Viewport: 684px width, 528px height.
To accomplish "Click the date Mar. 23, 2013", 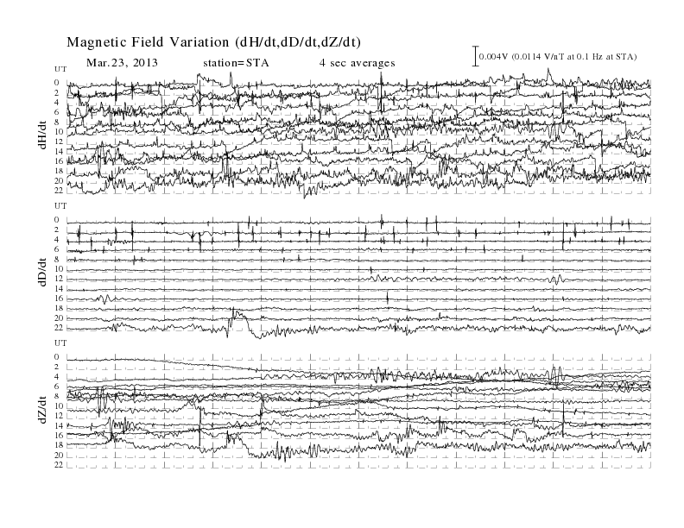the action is click(122, 63).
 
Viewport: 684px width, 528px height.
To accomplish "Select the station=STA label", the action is click(236, 63).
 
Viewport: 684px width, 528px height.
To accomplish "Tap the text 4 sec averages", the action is click(358, 63).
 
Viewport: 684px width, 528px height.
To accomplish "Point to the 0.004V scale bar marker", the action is click(476, 56).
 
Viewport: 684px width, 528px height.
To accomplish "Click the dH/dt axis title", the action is click(42, 135).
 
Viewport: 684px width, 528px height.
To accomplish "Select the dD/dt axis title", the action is click(42, 273).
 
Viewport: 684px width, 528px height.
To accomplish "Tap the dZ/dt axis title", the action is click(42, 410).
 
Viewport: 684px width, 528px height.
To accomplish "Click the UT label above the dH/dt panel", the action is click(60, 69).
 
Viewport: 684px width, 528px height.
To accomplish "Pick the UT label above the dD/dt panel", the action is click(60, 206).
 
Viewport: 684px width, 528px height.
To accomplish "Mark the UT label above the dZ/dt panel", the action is click(60, 343).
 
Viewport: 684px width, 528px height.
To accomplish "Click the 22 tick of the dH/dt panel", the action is click(59, 191).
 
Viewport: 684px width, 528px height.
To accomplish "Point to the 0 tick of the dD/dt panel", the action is click(57, 219).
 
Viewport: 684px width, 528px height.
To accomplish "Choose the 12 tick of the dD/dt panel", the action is click(59, 279).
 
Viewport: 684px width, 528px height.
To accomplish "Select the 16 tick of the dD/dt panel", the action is click(59, 299).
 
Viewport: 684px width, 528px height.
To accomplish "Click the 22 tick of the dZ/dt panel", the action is click(59, 465).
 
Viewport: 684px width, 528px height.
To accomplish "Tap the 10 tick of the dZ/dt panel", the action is click(59, 406).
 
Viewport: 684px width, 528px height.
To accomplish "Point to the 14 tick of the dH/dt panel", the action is click(59, 151).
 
